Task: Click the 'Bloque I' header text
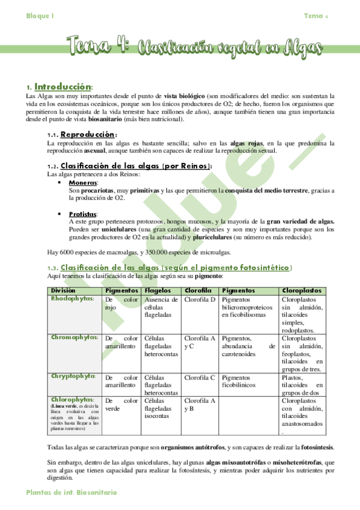pyautogui.click(x=40, y=16)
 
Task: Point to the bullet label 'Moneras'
pyautogui.click(x=84, y=182)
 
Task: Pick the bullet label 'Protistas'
pyautogui.click(x=84, y=214)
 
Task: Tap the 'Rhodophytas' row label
pyautogui.click(x=73, y=298)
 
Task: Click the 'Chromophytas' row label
pyautogui.click(x=75, y=337)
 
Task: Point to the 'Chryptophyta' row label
pyautogui.click(x=74, y=376)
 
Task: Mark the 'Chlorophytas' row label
pyautogui.click(x=72, y=399)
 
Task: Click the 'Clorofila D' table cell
pyautogui.click(x=199, y=299)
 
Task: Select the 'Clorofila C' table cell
pyautogui.click(x=199, y=377)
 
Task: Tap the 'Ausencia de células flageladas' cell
pyautogui.click(x=161, y=307)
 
